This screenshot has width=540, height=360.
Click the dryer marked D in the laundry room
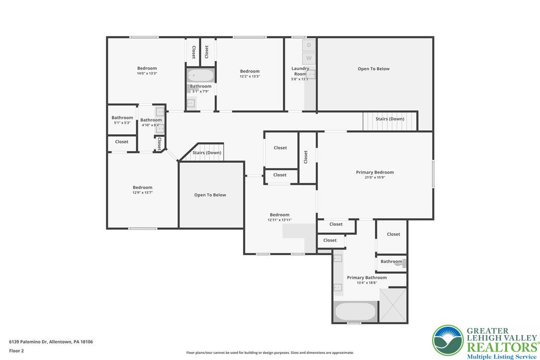click(x=309, y=45)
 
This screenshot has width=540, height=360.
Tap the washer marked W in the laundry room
click(x=309, y=58)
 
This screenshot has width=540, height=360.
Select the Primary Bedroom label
click(x=374, y=172)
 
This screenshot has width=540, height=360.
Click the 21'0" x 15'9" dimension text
click(x=374, y=178)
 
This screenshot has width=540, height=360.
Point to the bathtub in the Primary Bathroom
click(x=355, y=312)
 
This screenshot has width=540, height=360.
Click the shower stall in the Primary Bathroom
click(x=393, y=305)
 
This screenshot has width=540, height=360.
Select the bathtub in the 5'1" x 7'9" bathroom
click(x=200, y=76)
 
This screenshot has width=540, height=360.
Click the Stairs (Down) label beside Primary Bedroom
click(x=389, y=119)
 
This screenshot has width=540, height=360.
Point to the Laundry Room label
click(x=300, y=71)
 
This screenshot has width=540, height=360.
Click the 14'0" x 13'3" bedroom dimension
click(x=147, y=74)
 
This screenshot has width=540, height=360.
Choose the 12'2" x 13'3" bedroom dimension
click(x=250, y=77)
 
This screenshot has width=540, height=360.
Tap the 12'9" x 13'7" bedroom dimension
click(x=142, y=193)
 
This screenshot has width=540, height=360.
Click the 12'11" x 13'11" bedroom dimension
click(x=279, y=220)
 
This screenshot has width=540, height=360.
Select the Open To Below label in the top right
click(x=373, y=69)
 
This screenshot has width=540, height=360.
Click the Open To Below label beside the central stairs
click(x=210, y=195)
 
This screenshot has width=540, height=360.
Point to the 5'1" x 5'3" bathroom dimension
click(x=122, y=123)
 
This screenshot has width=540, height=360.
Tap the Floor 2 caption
click(x=16, y=351)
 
